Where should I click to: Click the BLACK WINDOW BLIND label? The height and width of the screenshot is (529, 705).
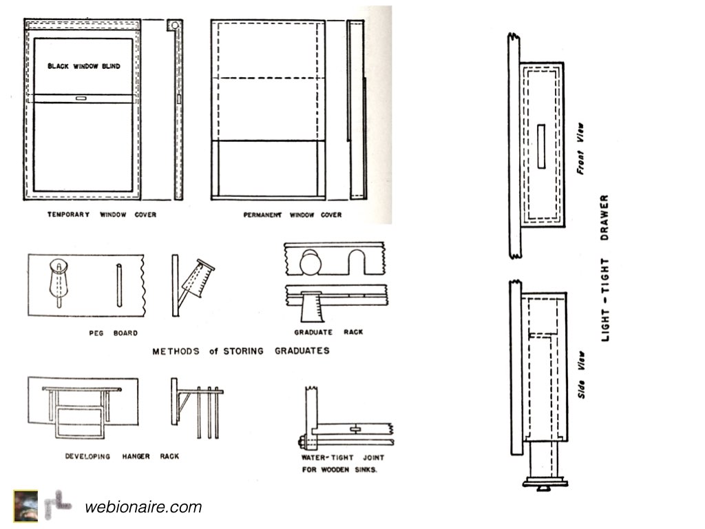(83, 67)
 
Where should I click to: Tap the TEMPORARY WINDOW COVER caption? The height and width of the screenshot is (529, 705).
(101, 215)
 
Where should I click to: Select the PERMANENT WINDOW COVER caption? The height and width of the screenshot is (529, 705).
(292, 215)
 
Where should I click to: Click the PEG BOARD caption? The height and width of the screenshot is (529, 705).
(113, 333)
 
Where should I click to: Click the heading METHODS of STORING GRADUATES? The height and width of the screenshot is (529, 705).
(240, 351)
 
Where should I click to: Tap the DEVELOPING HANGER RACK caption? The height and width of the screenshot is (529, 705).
(122, 456)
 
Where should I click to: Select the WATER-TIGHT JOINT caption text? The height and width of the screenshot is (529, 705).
(342, 457)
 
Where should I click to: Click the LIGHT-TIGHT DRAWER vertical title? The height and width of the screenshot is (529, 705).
(605, 269)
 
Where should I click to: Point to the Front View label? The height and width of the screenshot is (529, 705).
(580, 148)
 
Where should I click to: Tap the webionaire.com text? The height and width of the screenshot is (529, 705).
(143, 508)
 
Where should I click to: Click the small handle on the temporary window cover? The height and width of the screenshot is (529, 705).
(81, 99)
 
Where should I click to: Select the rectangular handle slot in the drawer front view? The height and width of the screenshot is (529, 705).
(540, 145)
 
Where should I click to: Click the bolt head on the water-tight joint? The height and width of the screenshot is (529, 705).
(302, 442)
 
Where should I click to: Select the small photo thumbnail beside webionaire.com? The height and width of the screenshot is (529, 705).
(25, 501)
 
